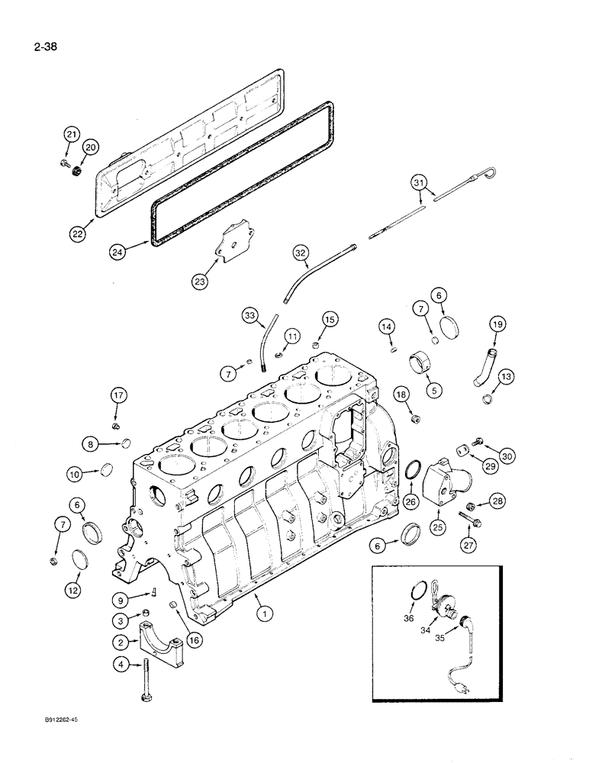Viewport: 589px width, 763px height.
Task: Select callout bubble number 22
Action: pos(78,234)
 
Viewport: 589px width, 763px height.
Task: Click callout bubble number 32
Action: pos(299,253)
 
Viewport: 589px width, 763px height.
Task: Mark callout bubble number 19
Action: pos(497,324)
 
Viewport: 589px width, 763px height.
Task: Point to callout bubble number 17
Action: pos(117,395)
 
